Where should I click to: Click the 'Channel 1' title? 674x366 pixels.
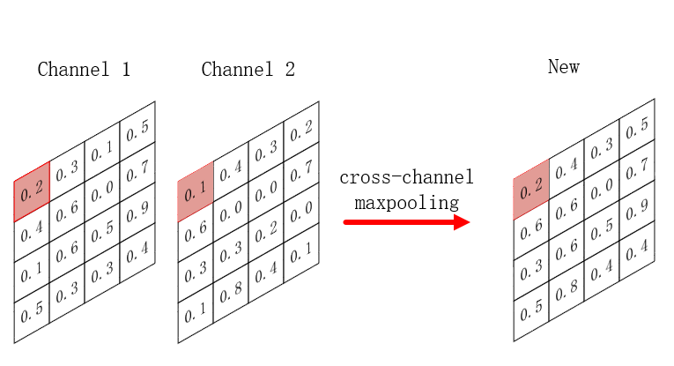[84, 70]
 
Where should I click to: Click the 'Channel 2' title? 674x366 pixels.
[248, 70]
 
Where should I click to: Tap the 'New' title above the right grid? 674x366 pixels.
[563, 67]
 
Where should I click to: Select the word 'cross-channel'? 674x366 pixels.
[406, 178]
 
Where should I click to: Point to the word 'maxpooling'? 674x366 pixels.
[406, 203]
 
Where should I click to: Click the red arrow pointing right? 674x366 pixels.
[406, 222]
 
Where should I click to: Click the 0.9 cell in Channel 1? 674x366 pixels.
[137, 213]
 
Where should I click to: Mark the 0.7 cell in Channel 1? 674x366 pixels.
[137, 173]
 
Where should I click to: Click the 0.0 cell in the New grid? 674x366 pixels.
[602, 189]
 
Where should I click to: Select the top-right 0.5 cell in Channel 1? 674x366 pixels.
[137, 133]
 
